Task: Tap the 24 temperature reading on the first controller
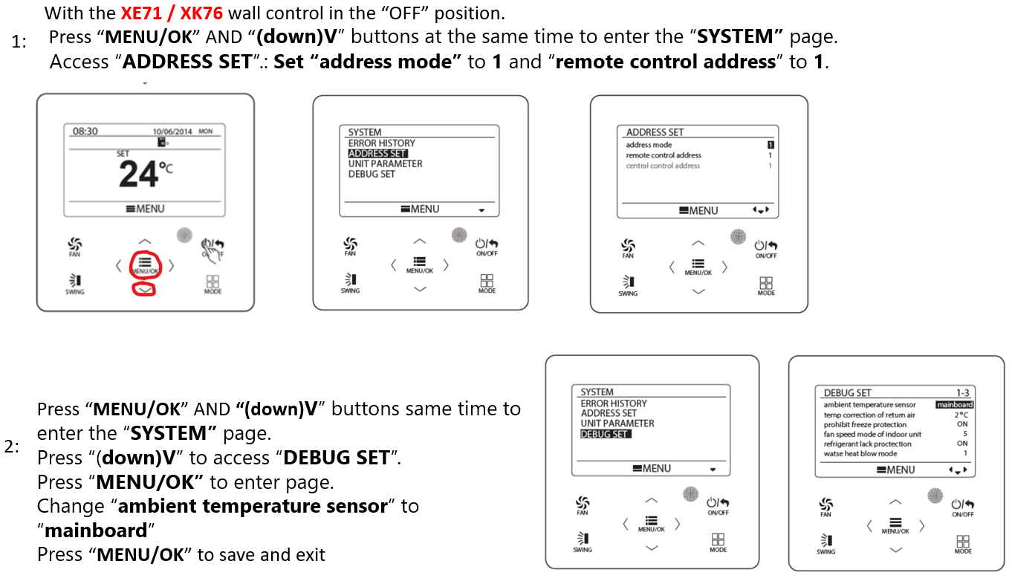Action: click(139, 175)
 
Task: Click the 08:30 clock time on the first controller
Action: click(85, 132)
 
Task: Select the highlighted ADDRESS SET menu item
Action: click(377, 154)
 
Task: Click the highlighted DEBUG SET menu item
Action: click(605, 434)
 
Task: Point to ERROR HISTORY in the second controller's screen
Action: click(381, 143)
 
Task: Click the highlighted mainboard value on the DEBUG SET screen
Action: click(954, 405)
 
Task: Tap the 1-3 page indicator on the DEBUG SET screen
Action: click(962, 393)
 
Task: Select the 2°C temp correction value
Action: click(961, 415)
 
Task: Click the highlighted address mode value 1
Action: click(771, 145)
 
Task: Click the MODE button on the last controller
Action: click(963, 545)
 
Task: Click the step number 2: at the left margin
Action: click(13, 447)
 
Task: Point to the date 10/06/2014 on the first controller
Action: click(172, 132)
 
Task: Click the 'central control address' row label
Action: click(663, 166)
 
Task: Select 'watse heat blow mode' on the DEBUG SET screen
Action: click(860, 453)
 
